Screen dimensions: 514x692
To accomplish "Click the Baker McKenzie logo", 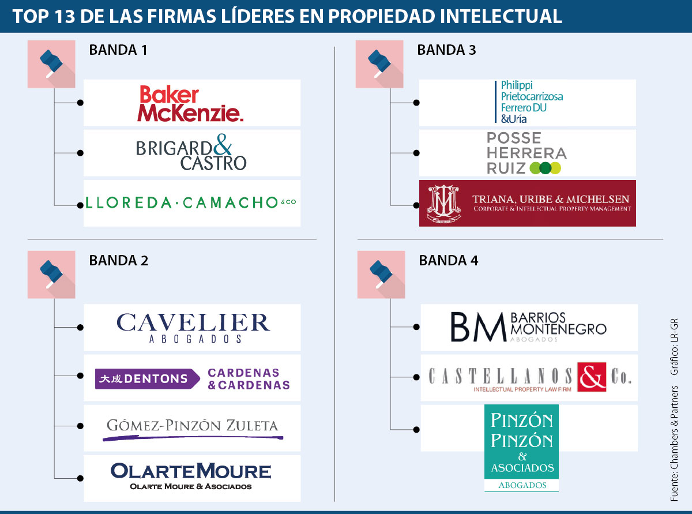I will [x=190, y=103].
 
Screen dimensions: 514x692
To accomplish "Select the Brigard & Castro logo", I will [x=191, y=153].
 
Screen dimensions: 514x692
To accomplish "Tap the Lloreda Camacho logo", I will [x=190, y=202].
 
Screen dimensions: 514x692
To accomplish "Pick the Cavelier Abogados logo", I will [x=193, y=327].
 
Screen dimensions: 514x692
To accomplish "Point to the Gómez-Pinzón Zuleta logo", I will [x=193, y=428].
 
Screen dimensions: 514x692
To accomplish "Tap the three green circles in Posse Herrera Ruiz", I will [x=545, y=168].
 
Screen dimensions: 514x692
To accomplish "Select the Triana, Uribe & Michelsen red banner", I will [x=527, y=203].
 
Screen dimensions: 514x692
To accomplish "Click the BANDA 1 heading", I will [x=118, y=50].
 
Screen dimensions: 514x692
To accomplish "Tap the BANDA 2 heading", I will [x=118, y=261].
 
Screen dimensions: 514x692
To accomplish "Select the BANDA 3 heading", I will [x=446, y=50].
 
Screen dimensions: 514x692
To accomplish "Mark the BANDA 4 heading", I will [x=448, y=261].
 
